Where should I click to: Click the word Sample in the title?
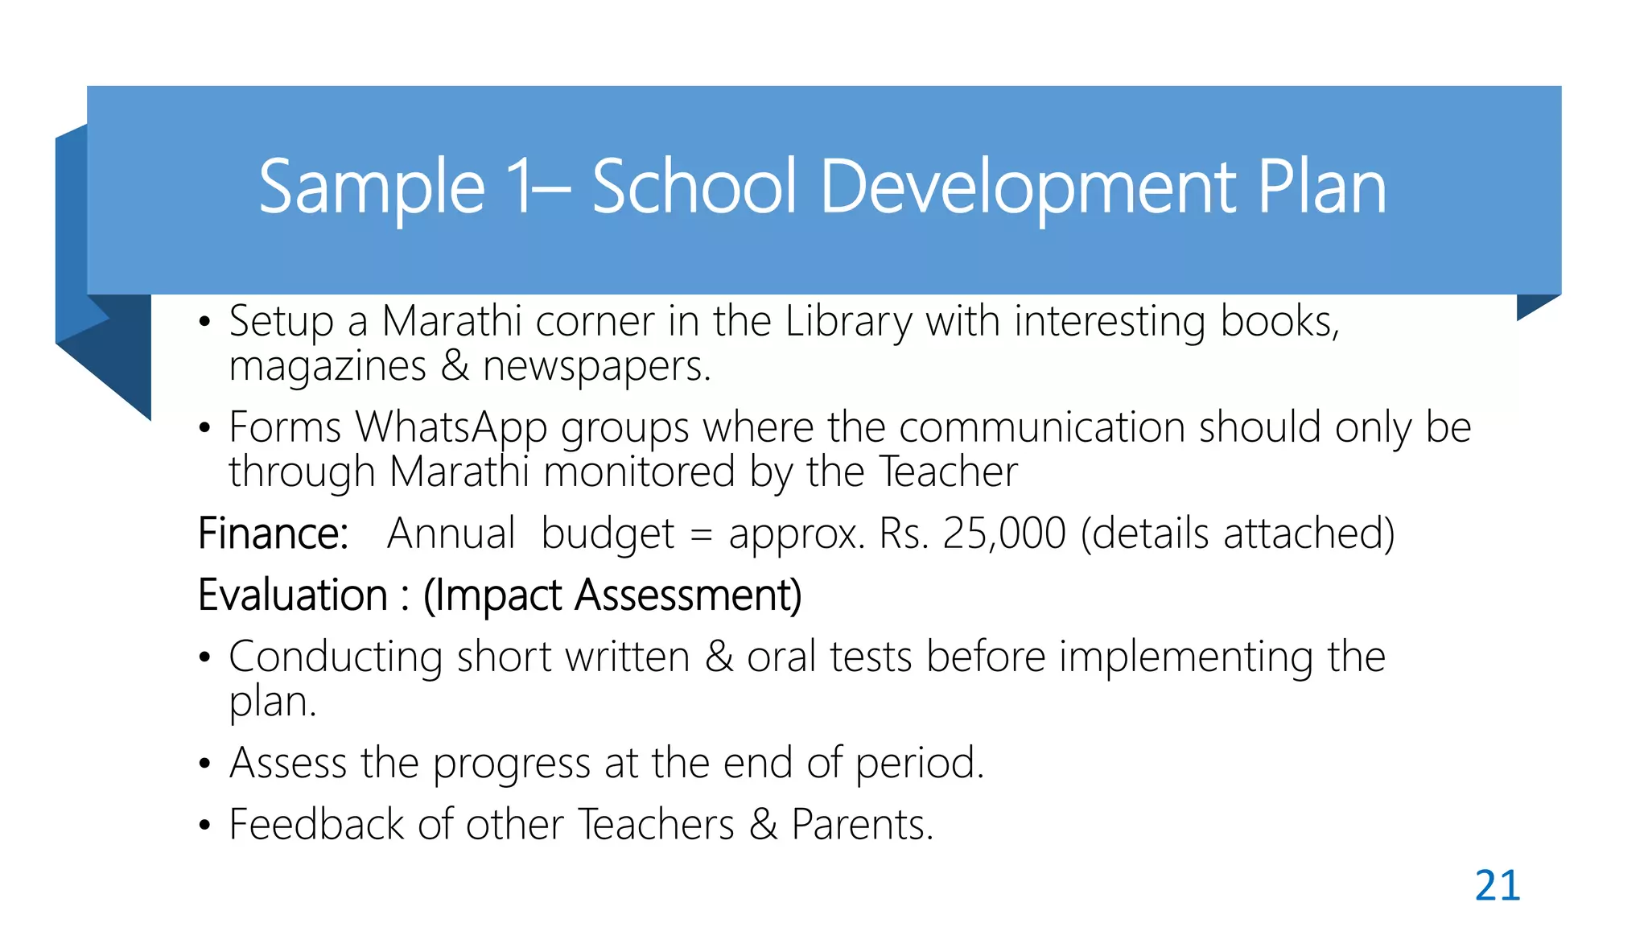(372, 188)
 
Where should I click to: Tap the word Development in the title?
(1028, 188)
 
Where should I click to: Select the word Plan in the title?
(1321, 188)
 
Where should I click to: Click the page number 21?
(1497, 886)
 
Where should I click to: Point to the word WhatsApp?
(451, 427)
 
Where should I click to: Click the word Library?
(848, 322)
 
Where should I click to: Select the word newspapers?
(596, 367)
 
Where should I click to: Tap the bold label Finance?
(273, 534)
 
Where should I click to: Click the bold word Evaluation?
(293, 595)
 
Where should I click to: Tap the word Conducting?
(336, 657)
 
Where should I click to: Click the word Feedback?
(316, 825)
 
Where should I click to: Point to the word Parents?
(862, 825)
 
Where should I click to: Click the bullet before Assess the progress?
(205, 764)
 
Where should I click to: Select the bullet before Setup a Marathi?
(205, 323)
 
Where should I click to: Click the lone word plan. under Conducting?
(272, 702)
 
